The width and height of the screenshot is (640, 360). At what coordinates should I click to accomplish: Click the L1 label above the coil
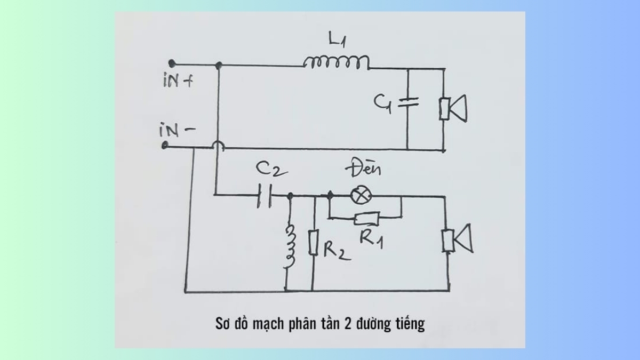(x=335, y=39)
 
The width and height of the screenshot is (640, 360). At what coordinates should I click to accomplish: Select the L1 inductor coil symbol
(x=336, y=63)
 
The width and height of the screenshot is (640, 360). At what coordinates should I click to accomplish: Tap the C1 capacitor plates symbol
(x=408, y=102)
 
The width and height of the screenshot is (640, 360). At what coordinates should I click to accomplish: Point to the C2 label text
(x=271, y=170)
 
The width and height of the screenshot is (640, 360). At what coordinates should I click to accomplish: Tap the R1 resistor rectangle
(x=366, y=218)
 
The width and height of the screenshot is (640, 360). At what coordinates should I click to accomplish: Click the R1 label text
(x=372, y=237)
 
